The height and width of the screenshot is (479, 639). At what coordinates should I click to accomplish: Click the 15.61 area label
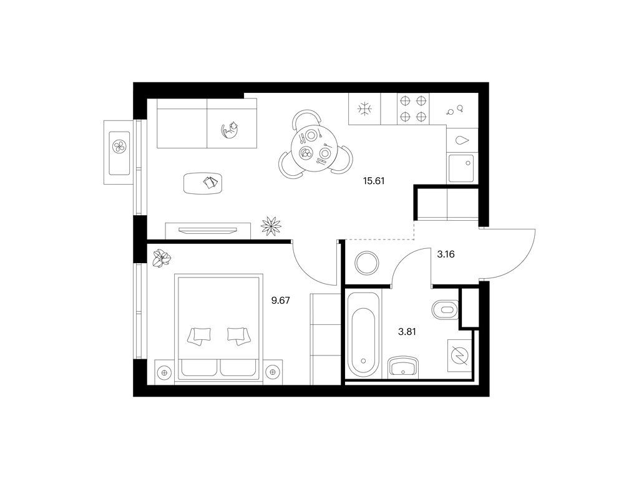(x=374, y=181)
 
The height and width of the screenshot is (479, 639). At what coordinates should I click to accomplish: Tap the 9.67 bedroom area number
(x=280, y=301)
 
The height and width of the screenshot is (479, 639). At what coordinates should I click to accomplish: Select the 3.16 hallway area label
(x=446, y=254)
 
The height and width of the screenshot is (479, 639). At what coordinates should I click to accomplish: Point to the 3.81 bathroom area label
(x=407, y=332)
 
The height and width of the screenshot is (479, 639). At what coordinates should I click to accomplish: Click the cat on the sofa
(x=230, y=130)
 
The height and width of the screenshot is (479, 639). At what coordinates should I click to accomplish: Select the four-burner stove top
(x=413, y=109)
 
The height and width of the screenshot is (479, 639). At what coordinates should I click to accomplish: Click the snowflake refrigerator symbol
(x=364, y=109)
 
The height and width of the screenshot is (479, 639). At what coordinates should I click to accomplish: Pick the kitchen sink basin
(x=461, y=168)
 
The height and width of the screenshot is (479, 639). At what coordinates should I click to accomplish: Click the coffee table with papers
(x=203, y=183)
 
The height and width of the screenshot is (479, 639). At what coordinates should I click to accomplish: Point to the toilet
(x=445, y=310)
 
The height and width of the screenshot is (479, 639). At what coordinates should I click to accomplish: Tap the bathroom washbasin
(x=403, y=366)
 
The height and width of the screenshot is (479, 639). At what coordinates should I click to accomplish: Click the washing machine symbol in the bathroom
(x=460, y=355)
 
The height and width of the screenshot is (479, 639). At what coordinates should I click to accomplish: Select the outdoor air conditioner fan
(x=119, y=147)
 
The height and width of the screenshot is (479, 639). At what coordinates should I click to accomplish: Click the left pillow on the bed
(x=199, y=336)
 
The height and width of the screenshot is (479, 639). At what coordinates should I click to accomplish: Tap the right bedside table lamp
(x=271, y=372)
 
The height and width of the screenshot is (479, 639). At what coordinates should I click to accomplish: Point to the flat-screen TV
(x=208, y=231)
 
